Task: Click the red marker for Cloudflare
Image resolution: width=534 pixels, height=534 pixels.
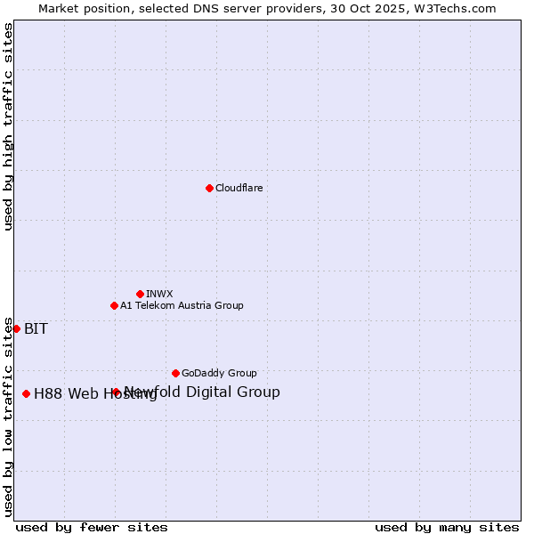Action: click(209, 188)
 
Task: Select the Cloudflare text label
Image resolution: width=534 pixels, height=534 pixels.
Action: click(239, 188)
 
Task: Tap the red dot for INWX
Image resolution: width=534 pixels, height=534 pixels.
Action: click(140, 294)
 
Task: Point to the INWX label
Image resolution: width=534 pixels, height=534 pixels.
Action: click(159, 294)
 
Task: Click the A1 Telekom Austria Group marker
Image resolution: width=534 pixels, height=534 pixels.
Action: click(114, 305)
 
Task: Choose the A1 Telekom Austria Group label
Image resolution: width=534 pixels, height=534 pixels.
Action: click(182, 305)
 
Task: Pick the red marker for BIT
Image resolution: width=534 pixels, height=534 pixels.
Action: click(16, 328)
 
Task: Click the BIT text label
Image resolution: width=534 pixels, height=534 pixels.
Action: click(36, 328)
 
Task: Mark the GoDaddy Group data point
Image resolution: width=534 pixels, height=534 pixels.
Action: click(175, 373)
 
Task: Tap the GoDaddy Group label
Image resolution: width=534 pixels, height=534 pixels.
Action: click(219, 373)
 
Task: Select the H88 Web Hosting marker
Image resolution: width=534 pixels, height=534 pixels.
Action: click(26, 393)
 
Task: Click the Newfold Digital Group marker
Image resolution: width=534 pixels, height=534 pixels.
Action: click(116, 392)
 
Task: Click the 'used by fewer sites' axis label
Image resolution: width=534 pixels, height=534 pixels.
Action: click(92, 527)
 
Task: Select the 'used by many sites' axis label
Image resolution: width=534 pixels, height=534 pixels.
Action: click(447, 527)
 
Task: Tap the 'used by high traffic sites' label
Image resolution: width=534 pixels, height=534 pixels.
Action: click(8, 126)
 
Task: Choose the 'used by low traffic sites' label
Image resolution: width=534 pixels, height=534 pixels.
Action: click(8, 417)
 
